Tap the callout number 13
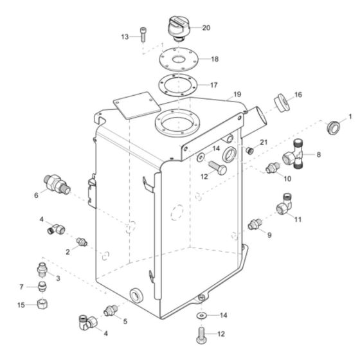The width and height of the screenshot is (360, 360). pyautogui.click(x=125, y=37)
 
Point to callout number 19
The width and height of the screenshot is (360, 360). pyautogui.click(x=237, y=94)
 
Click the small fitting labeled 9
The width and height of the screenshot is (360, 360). pyautogui.click(x=255, y=224)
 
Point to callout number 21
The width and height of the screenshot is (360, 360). pyautogui.click(x=264, y=142)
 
